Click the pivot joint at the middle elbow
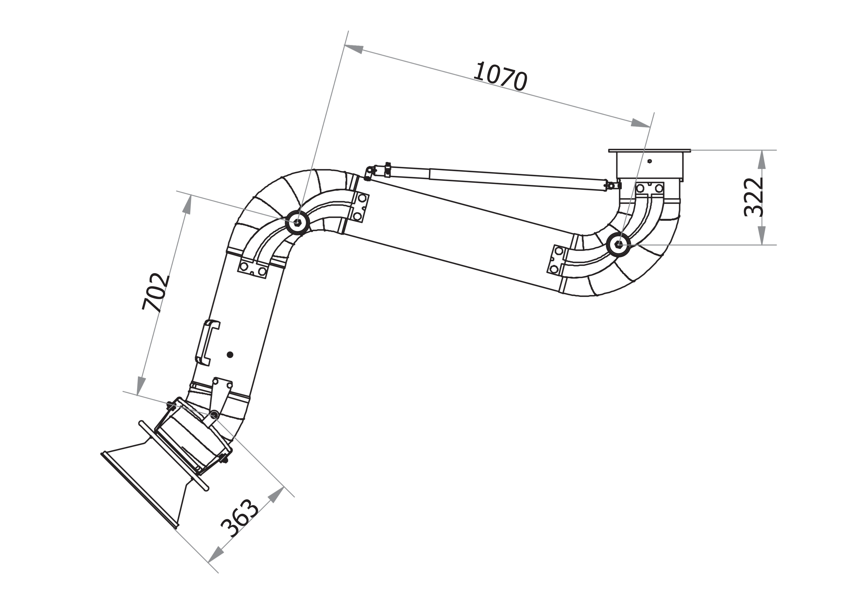pyautogui.click(x=298, y=222)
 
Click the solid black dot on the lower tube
pyautogui.click(x=230, y=355)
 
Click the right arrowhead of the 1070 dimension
pyautogui.click(x=641, y=123)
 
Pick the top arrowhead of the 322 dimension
pyautogui.click(x=762, y=159)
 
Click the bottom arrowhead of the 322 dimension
pyautogui.click(x=762, y=235)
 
